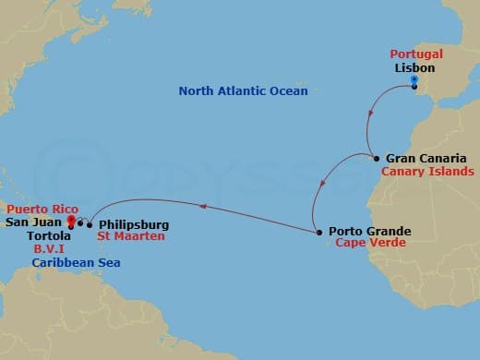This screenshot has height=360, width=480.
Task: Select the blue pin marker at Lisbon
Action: click(414, 82)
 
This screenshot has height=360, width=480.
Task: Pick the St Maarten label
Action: click(131, 236)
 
